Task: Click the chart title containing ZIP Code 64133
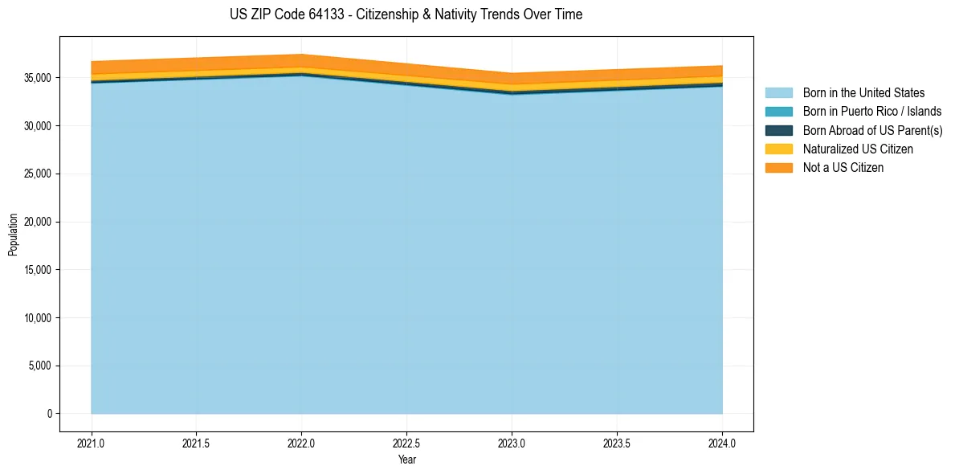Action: (406, 14)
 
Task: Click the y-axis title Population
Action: (13, 235)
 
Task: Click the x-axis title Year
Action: (406, 460)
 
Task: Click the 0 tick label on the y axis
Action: (49, 414)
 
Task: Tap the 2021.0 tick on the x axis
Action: (92, 443)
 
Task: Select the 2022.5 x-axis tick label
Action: (406, 443)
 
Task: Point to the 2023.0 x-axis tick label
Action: (512, 443)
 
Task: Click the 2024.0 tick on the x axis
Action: (722, 443)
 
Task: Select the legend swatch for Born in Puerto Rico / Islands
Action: (778, 112)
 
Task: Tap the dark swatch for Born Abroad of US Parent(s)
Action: (778, 130)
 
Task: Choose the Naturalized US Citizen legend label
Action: (858, 149)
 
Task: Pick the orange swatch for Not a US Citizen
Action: (778, 168)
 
